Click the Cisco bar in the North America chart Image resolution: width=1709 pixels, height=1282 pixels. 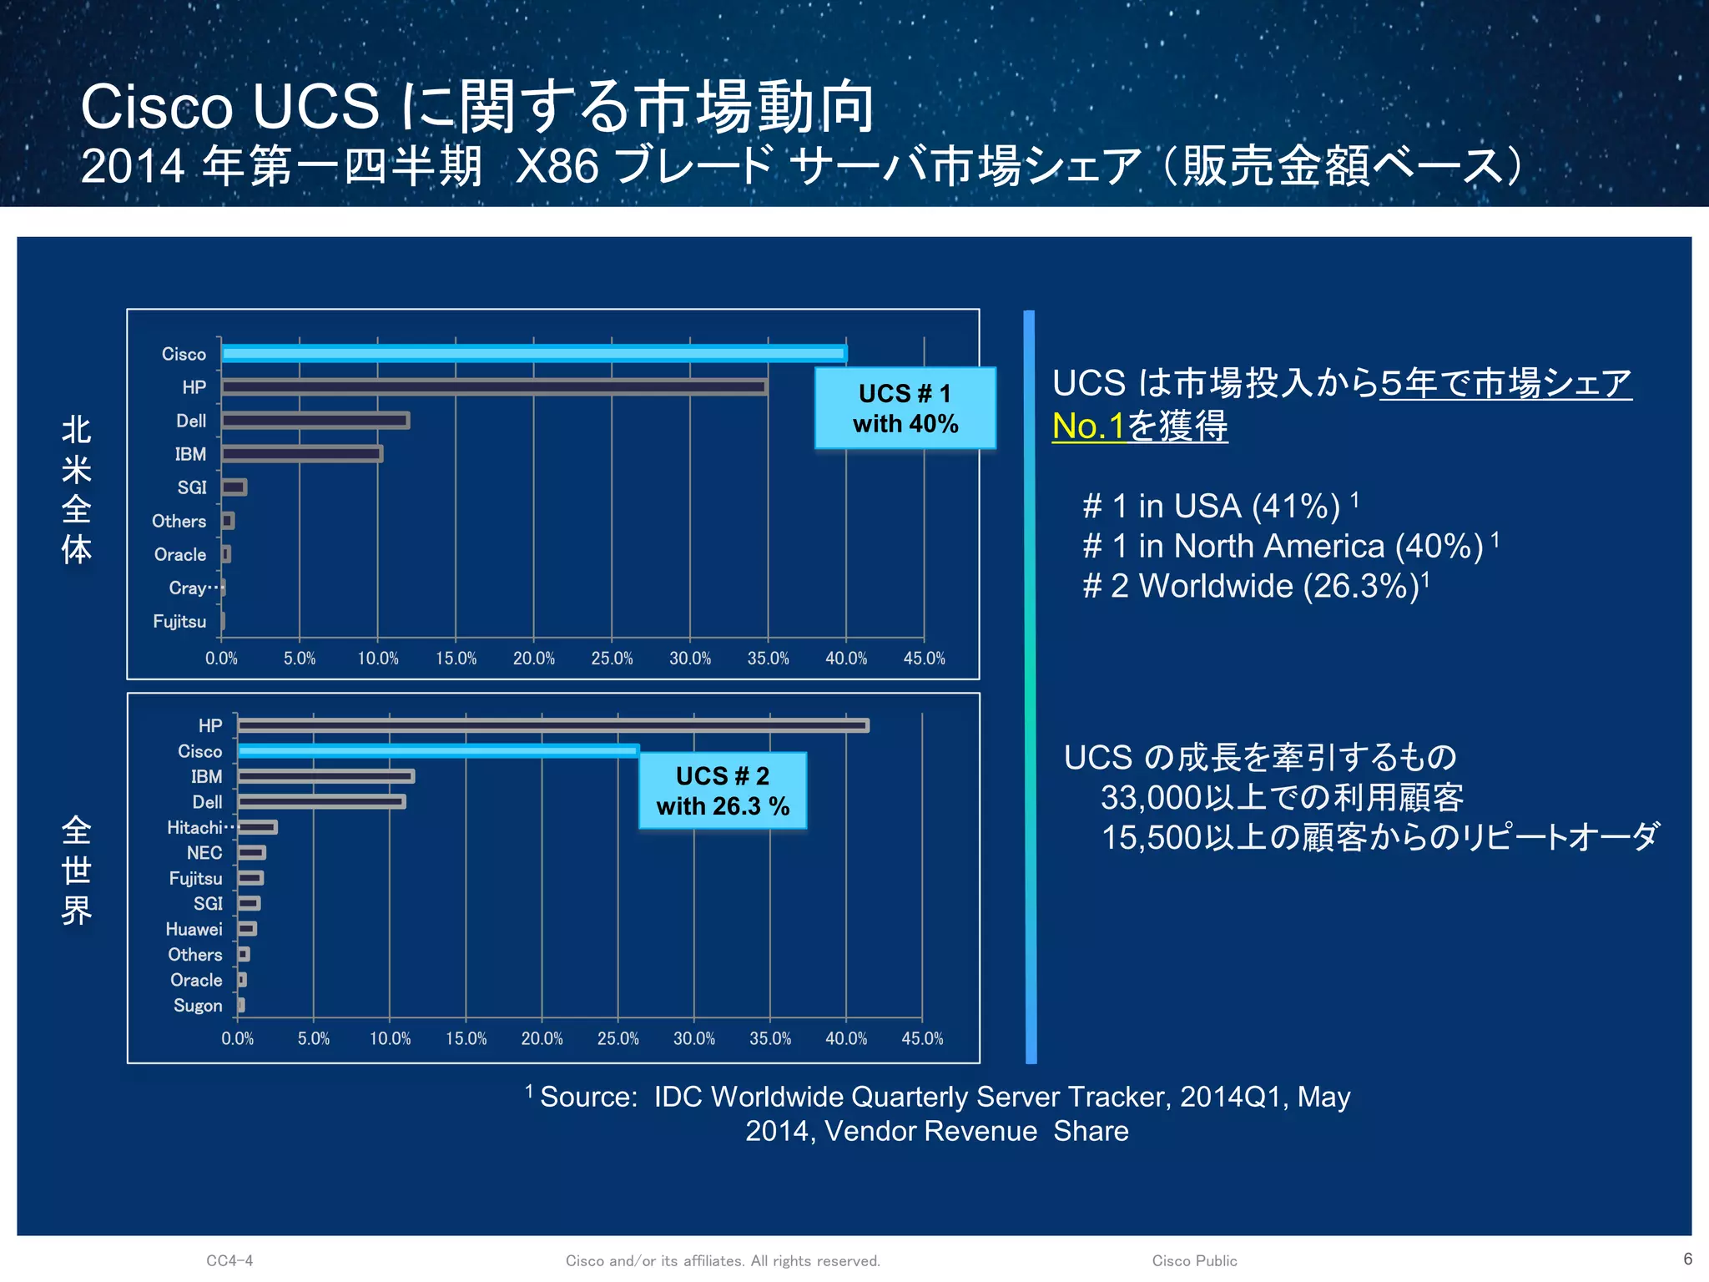pos(534,354)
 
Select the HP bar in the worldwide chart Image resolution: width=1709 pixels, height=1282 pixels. pos(552,725)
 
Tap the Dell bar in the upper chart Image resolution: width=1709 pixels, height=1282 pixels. pos(315,421)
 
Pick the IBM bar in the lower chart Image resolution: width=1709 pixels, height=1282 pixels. pos(325,776)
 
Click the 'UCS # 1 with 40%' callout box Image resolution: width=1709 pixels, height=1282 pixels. pos(905,408)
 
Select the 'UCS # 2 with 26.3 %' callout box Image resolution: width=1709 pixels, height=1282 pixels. pos(723,790)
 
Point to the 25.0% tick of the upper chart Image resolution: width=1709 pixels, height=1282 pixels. pos(612,659)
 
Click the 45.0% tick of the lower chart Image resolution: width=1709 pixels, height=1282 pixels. pos(922,1039)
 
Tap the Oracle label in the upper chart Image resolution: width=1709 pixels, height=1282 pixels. pos(180,555)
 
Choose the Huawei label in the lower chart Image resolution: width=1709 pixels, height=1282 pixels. pos(194,930)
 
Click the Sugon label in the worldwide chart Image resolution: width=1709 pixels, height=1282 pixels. pos(198,1006)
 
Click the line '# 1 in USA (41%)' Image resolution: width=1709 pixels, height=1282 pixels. pos(1210,507)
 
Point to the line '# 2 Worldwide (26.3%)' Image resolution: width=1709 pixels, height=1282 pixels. pos(1250,587)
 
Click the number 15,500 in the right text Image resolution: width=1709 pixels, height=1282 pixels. pos(1152,838)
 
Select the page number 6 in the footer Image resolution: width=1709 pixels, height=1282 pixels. pos(1687,1259)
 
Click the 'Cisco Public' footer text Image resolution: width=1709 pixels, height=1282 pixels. pos(1194,1261)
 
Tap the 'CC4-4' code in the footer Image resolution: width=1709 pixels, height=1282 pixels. pos(229,1261)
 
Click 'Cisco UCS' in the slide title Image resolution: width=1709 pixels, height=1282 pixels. pos(229,107)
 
